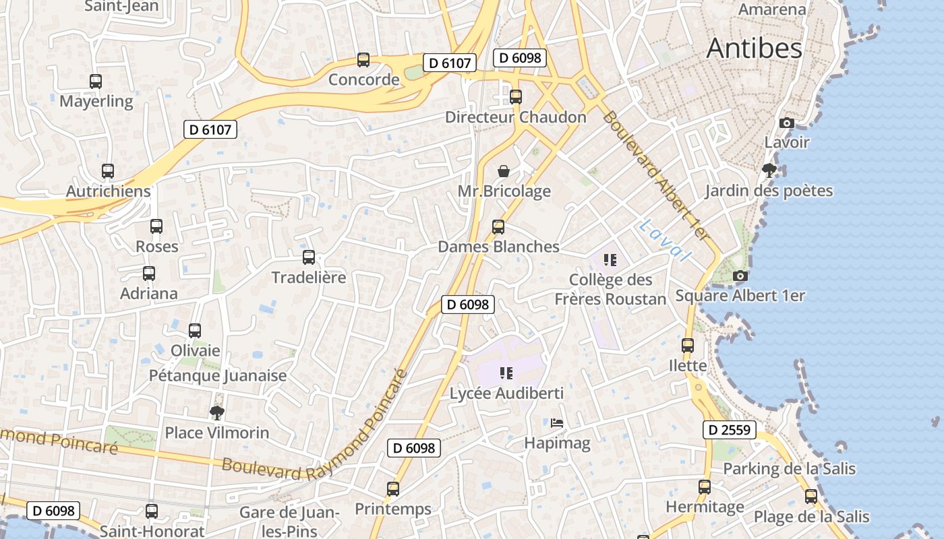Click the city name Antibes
point(755,49)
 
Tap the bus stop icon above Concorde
point(363,60)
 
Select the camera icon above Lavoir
point(786,123)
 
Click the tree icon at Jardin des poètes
point(769,170)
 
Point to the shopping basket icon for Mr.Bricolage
point(504,171)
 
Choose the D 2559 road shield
point(730,429)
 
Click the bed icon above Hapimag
point(557,423)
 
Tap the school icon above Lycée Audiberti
point(506,373)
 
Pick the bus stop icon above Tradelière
point(309,257)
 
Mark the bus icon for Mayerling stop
point(96,82)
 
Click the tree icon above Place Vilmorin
point(216,412)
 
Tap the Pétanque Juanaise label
point(218,375)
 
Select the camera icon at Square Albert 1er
point(740,276)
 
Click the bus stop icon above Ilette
point(688,346)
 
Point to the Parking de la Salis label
point(789,468)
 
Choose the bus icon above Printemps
point(393,488)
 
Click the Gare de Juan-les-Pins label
point(289,521)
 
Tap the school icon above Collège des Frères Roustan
point(610,259)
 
